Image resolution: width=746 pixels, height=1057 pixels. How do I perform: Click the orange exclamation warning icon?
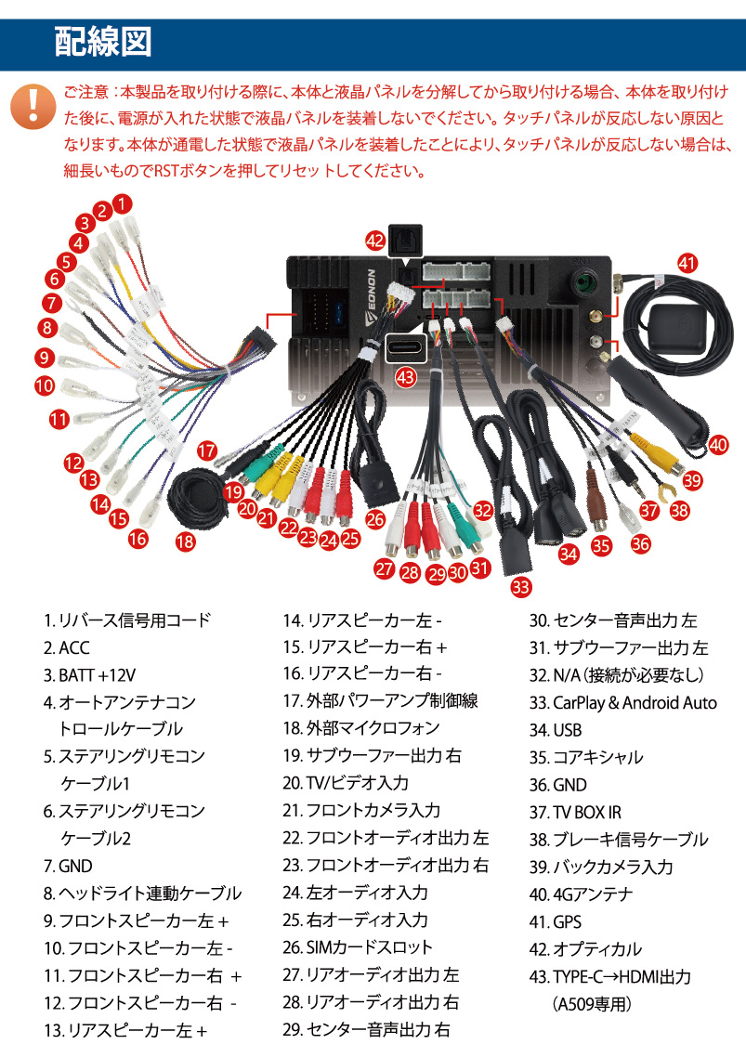(32, 104)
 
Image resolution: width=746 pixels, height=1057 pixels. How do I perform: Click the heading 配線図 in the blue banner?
(102, 42)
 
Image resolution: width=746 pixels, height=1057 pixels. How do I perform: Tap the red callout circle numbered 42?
(375, 241)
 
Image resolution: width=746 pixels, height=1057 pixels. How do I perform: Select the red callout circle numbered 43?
(405, 378)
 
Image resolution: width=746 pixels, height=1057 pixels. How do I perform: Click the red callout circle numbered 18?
(186, 542)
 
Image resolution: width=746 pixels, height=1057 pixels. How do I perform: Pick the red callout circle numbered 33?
(520, 586)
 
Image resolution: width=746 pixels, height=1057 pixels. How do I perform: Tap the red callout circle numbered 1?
(122, 202)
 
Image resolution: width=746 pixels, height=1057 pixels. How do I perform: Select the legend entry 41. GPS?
(555, 922)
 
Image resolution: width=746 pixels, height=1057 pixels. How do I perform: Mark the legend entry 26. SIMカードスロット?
(358, 948)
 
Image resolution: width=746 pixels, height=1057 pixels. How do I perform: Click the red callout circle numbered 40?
(718, 445)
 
